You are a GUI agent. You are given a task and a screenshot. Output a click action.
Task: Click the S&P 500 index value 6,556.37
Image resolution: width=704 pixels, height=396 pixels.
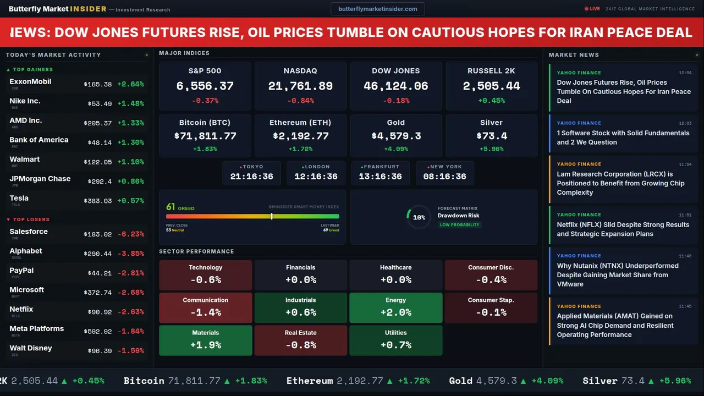[205, 86]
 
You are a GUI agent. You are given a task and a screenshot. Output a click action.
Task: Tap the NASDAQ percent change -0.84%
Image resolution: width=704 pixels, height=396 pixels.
[300, 101]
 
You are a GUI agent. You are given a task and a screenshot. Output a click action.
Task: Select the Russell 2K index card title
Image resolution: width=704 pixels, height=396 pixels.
[491, 71]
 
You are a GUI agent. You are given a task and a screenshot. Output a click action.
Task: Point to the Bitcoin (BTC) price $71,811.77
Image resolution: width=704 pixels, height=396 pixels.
[205, 136]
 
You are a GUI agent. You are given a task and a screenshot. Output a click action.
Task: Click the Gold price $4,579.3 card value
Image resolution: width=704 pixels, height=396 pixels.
[396, 136]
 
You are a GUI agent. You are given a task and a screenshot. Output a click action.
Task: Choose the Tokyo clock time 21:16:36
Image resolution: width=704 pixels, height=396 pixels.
[251, 177]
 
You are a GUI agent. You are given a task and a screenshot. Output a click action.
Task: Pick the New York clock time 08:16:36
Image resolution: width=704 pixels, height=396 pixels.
[444, 177]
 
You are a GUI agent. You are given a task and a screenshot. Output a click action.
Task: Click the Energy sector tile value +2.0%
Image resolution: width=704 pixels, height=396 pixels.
[396, 312]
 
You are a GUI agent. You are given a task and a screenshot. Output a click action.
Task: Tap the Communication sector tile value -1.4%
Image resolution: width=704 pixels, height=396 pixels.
[205, 312]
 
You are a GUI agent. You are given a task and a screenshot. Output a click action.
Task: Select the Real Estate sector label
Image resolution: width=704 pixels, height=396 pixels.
[300, 333]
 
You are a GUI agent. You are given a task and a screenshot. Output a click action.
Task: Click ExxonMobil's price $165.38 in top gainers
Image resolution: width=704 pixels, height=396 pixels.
[98, 85]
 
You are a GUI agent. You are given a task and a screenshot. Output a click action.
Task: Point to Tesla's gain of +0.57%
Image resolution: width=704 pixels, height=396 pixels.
[130, 201]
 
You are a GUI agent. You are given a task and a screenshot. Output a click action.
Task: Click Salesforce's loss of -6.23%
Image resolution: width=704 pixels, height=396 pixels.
[130, 234]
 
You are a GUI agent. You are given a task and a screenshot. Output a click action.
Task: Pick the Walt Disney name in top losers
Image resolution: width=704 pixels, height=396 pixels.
[31, 348]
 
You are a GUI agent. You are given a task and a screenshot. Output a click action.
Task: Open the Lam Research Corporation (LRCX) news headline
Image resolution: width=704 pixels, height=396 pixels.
[620, 183]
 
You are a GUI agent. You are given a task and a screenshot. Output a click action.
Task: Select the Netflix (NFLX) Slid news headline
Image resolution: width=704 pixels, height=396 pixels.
[623, 229]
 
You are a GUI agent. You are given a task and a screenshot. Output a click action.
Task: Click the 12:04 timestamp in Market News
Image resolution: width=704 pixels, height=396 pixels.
[685, 73]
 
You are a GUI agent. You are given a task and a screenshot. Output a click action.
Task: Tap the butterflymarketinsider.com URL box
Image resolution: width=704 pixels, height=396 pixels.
[377, 9]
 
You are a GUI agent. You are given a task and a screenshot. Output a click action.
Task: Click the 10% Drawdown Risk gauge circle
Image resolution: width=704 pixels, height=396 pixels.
[419, 217]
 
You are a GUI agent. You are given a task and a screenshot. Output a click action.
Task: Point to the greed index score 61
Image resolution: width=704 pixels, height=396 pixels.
[170, 207]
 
